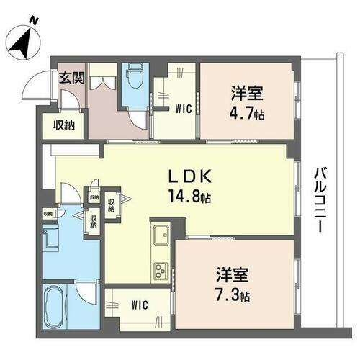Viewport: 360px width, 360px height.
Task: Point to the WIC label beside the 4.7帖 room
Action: point(182,109)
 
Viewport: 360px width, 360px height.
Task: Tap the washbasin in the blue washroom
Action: point(51,238)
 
